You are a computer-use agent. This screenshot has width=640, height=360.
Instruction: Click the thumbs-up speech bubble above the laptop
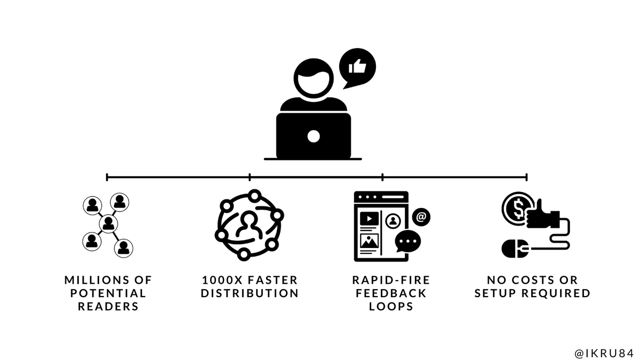(357, 67)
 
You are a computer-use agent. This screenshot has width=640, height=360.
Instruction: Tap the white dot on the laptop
(314, 136)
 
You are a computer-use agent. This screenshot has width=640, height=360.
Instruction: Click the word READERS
(108, 307)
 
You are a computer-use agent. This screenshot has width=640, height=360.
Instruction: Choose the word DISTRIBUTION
(250, 293)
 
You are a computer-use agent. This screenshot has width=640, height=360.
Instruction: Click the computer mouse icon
(515, 248)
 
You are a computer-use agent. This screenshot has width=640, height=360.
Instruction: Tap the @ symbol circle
(421, 217)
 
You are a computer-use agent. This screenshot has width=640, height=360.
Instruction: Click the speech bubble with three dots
(408, 242)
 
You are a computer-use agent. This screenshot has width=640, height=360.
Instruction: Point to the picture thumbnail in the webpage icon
(369, 242)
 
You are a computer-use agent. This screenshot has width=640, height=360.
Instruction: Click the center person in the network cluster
(108, 222)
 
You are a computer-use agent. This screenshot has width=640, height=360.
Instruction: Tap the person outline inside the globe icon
(249, 225)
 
